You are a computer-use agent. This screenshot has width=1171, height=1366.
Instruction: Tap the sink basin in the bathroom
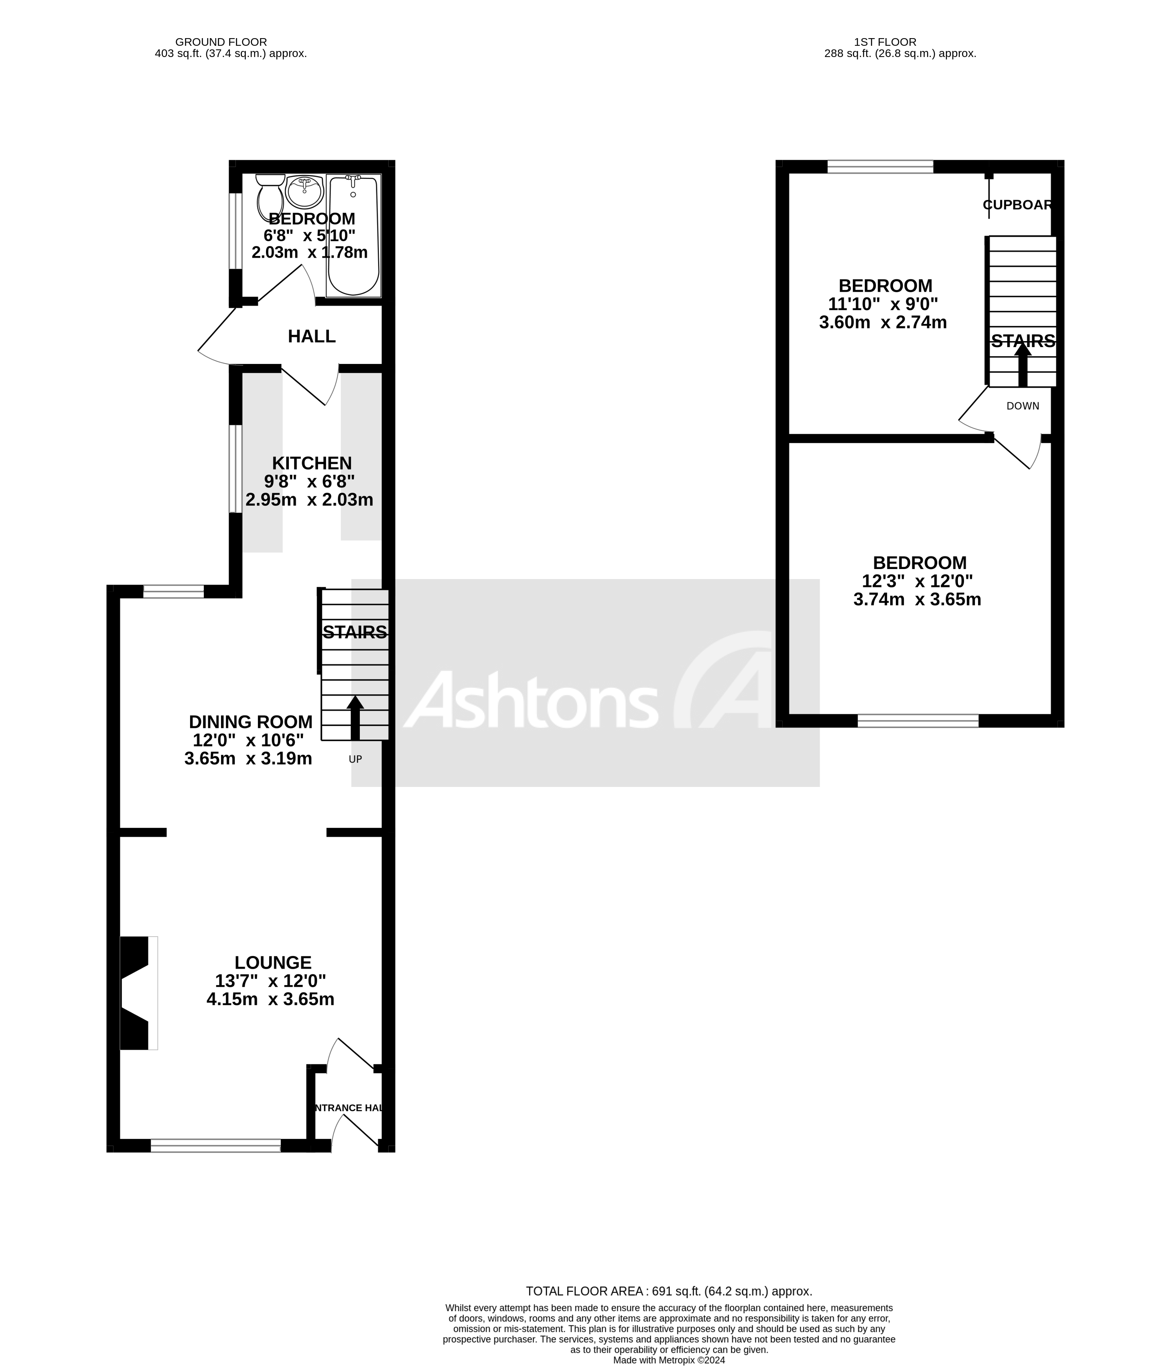[304, 191]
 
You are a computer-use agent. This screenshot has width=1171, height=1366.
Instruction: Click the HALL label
[312, 336]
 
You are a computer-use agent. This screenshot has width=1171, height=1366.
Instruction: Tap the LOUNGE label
[273, 963]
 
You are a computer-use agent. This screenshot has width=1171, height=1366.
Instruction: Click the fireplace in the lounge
[137, 992]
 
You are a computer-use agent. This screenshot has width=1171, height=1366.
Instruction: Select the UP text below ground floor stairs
[355, 759]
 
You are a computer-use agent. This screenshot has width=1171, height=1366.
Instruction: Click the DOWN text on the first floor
[1023, 406]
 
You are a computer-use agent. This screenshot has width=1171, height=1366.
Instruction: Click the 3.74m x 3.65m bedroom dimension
[917, 599]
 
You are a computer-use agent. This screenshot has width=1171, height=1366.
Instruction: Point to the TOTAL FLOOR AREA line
[668, 1291]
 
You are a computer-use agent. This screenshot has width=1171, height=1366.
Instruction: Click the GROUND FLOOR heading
[221, 42]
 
